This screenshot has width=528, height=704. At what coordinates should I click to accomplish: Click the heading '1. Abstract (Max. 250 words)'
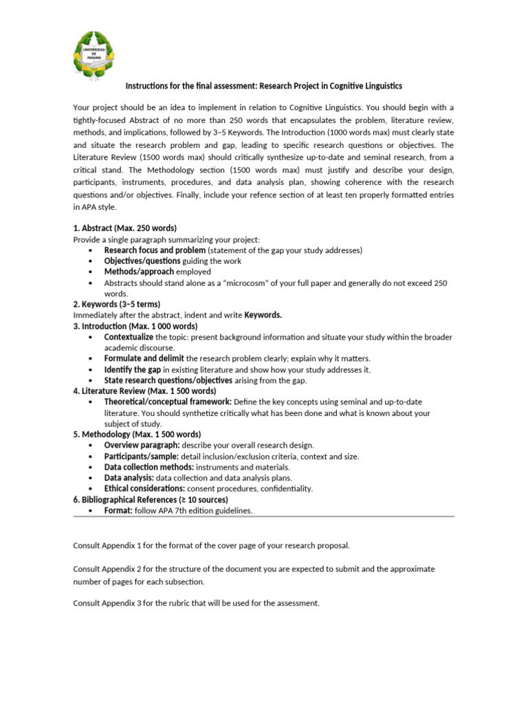click(124, 228)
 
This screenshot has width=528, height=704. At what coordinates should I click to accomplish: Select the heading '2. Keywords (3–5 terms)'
click(116, 304)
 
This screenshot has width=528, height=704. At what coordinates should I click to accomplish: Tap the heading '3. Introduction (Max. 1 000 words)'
click(135, 326)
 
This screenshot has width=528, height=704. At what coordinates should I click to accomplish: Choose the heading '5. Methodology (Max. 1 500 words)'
click(137, 434)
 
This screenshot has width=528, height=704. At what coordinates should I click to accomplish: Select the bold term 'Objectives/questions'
click(142, 261)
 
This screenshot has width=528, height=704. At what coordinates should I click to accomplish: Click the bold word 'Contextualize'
click(129, 337)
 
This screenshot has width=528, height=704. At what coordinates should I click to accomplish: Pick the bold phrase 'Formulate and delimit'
click(144, 358)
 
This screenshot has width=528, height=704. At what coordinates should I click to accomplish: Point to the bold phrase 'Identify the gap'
click(133, 369)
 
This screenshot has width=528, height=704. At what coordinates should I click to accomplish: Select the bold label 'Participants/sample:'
click(142, 456)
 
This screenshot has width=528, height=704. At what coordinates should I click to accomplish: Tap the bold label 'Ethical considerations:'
click(144, 488)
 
